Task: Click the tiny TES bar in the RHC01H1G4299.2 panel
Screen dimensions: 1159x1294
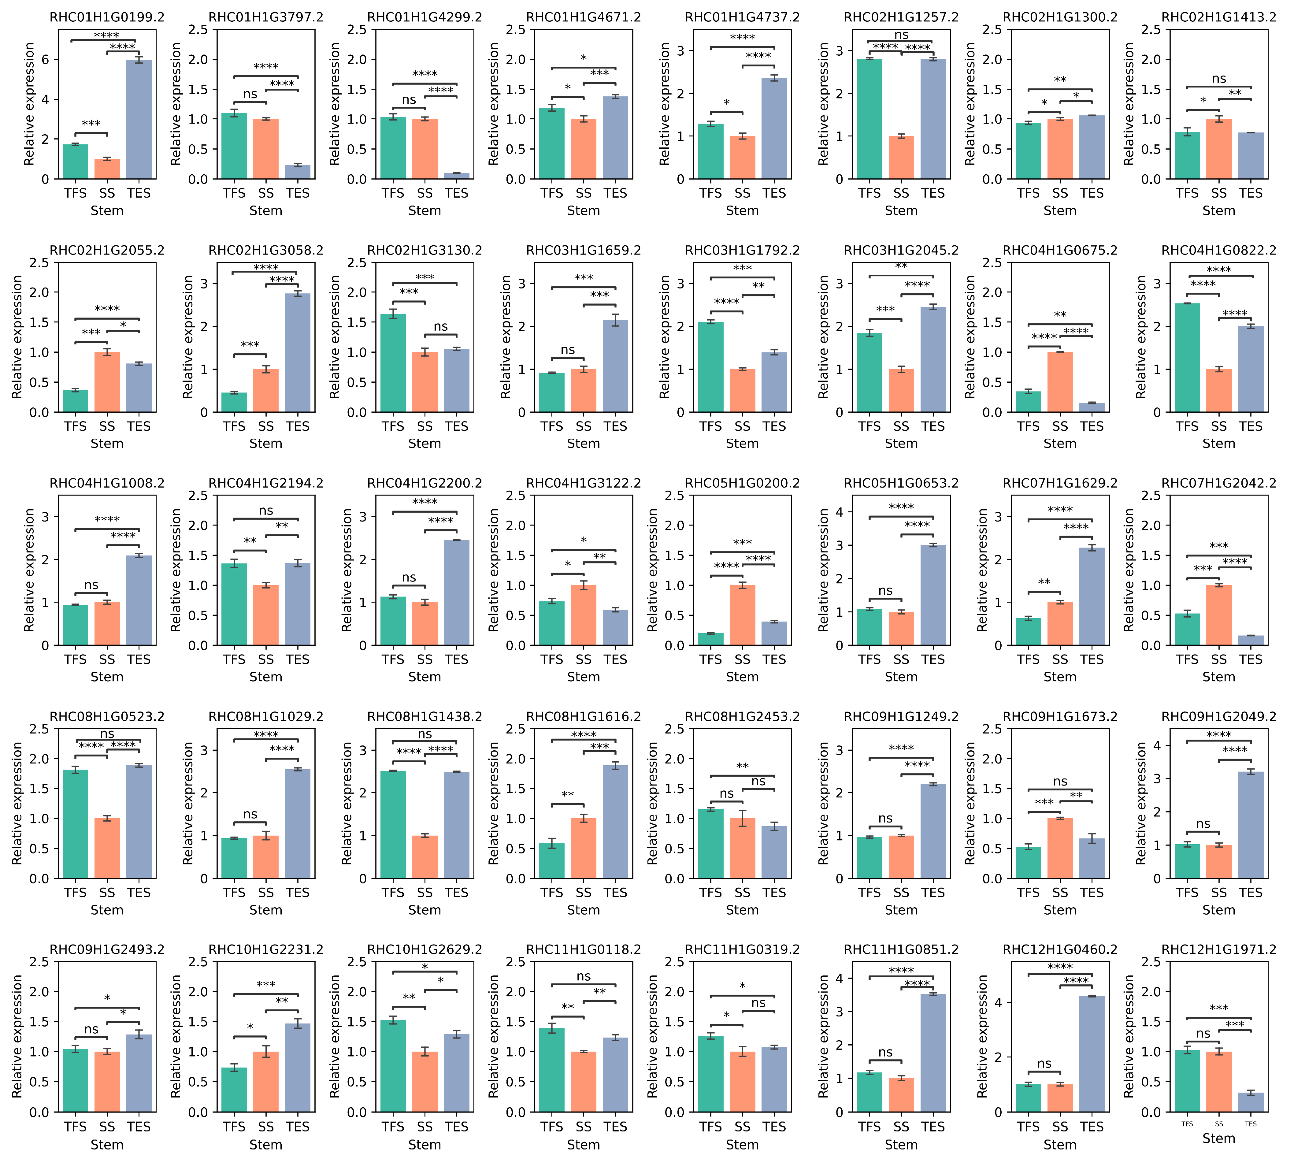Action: [457, 176]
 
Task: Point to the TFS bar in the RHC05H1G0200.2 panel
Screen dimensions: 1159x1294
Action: [711, 639]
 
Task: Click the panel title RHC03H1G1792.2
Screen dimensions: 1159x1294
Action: [742, 250]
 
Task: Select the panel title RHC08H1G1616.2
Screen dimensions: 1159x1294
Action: [583, 716]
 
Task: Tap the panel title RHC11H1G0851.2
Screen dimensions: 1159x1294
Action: [901, 949]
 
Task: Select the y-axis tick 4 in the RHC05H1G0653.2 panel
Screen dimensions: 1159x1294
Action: [839, 512]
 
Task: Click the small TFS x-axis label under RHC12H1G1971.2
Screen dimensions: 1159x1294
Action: [1187, 1124]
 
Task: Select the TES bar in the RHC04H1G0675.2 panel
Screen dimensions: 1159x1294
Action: [1092, 407]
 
